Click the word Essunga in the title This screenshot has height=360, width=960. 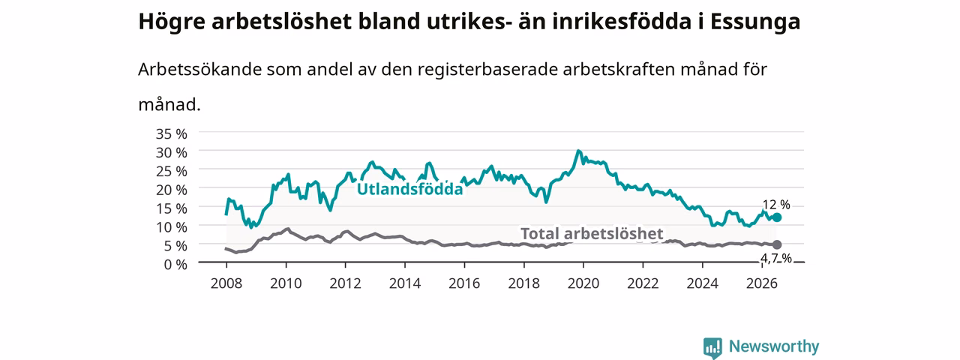point(755,22)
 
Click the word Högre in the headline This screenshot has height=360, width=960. point(172,22)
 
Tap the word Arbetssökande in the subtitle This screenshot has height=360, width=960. point(199,69)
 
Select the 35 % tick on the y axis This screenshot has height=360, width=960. point(172,133)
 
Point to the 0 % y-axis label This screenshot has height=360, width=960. point(175,265)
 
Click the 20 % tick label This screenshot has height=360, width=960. point(172,190)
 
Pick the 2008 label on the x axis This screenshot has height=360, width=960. point(226,283)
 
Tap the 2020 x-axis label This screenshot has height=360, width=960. point(583,283)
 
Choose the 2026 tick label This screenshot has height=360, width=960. point(761,283)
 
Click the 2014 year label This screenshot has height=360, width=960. point(404,283)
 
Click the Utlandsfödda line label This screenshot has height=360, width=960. point(410,189)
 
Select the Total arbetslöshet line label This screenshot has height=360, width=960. point(592,233)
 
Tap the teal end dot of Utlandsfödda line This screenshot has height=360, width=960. point(776,217)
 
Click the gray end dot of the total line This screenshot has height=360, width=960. point(776,244)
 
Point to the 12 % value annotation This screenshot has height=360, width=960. point(776,205)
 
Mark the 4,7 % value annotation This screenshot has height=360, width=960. point(776,258)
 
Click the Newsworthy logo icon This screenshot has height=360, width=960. point(712,347)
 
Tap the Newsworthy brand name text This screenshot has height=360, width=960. point(774,346)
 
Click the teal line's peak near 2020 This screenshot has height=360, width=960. point(578,151)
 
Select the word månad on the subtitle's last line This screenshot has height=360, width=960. point(169,104)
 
